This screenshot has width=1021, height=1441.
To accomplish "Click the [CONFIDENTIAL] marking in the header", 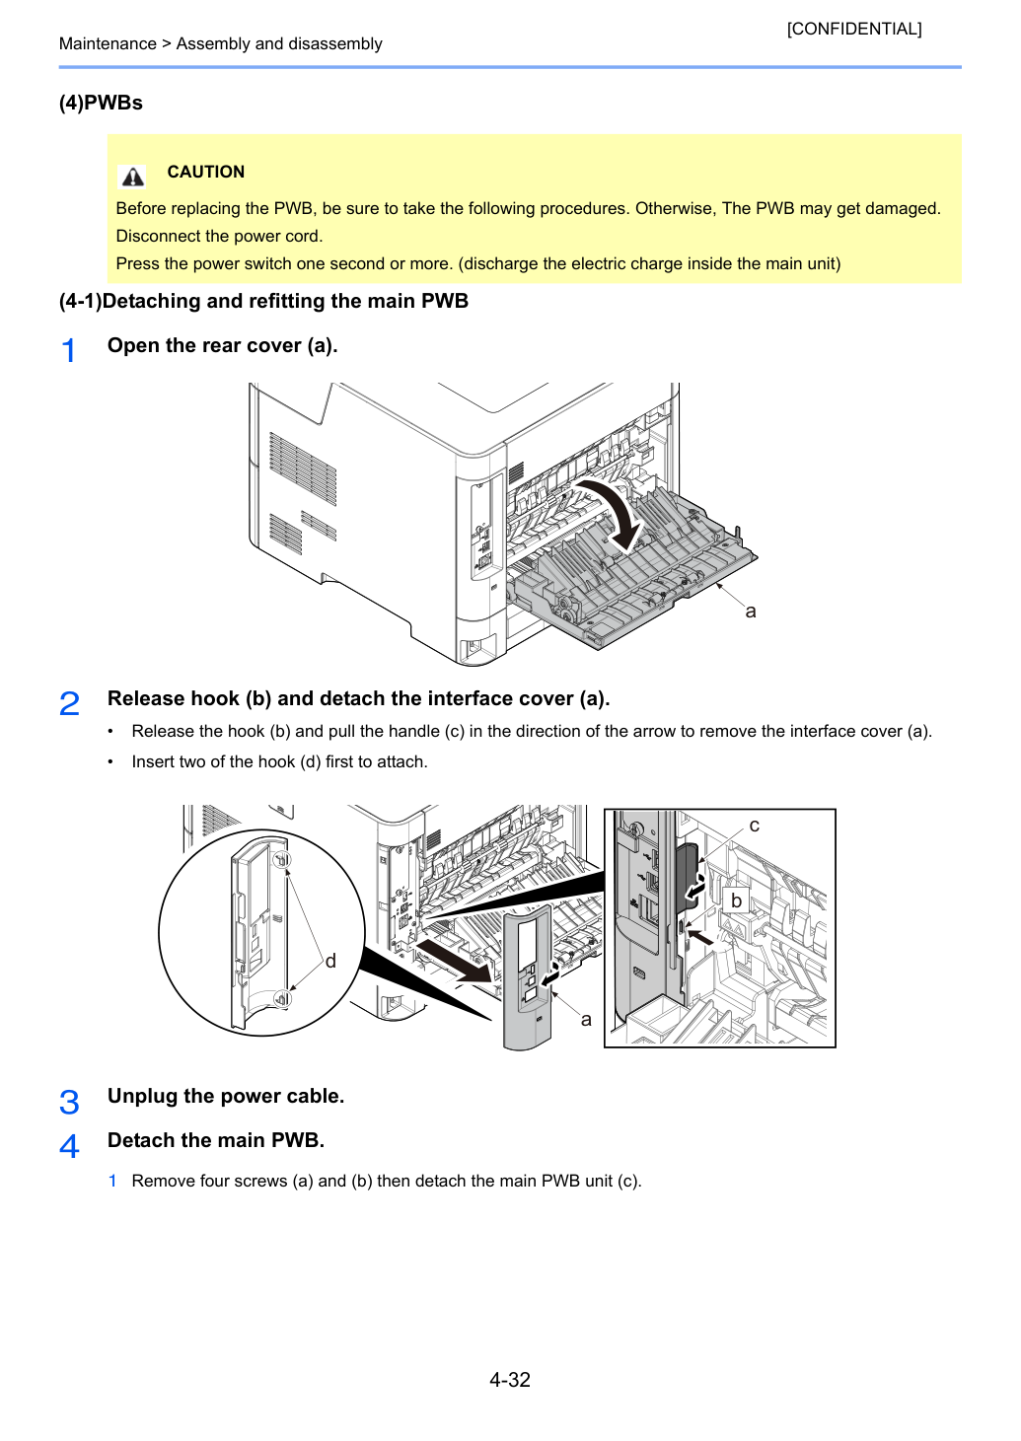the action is (853, 29).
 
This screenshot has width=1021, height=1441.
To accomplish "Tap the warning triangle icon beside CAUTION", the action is (132, 177).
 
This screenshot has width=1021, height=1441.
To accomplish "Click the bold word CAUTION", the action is (206, 172).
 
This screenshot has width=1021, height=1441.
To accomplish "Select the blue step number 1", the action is (68, 350).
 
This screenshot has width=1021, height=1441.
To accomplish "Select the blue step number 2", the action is (69, 703).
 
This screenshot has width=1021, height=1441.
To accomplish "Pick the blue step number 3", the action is (69, 1102).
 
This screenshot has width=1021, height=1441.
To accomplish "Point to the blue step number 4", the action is (69, 1146).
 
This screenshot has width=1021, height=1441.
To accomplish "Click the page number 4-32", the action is (510, 1379).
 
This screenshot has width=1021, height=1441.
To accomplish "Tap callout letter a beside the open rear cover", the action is (750, 612).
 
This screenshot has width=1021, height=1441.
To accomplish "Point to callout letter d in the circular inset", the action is (330, 961).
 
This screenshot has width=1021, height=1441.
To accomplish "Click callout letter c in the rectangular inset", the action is (754, 826).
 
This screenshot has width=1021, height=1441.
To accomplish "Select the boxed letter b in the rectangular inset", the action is (736, 901).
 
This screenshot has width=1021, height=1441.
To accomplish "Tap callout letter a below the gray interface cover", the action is (585, 1019).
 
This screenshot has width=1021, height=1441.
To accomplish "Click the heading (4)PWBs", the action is (101, 103).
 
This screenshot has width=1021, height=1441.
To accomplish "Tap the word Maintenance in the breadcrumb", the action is (108, 43).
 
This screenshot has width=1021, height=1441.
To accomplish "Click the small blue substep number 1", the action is (112, 1181).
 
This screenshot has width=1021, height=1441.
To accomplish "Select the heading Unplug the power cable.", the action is (226, 1096).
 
